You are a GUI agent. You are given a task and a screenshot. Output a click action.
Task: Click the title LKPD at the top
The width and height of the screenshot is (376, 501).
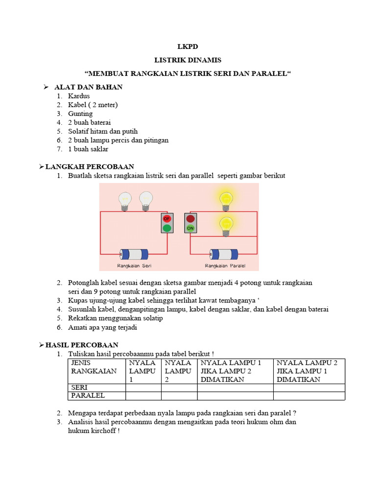pos(188,47)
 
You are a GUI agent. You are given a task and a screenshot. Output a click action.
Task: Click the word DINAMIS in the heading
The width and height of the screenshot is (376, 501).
pos(205,60)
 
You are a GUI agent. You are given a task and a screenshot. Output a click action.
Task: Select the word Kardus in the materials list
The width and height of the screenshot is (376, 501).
pos(79,96)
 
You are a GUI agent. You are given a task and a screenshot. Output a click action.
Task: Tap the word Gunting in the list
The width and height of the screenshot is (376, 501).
pos(80,114)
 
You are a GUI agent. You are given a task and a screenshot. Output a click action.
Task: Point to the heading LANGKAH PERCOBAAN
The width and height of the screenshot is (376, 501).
pos(90,167)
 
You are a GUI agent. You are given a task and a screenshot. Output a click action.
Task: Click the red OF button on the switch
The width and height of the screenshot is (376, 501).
pos(167,219)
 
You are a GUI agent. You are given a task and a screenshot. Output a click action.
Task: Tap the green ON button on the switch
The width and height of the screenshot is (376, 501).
pos(190,228)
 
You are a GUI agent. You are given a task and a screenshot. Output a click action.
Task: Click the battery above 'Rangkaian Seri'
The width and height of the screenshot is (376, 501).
pos(134,254)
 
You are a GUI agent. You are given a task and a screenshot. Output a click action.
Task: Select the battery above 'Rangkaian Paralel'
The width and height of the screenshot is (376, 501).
pos(224,254)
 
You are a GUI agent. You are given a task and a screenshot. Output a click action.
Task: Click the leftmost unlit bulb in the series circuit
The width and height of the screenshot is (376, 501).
pos(125,200)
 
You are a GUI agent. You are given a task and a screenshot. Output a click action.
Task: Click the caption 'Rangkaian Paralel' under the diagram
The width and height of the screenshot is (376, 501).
pos(225,266)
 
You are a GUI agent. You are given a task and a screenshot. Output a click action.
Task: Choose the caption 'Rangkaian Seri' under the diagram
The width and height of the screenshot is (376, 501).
pos(133,266)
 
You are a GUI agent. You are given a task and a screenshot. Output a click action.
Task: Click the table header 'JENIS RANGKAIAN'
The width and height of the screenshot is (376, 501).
pos(94,367)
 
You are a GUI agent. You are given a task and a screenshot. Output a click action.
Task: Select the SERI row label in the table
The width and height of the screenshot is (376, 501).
pos(79,387)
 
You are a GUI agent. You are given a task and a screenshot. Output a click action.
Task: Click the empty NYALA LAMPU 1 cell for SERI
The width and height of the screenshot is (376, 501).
pos(143,387)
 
